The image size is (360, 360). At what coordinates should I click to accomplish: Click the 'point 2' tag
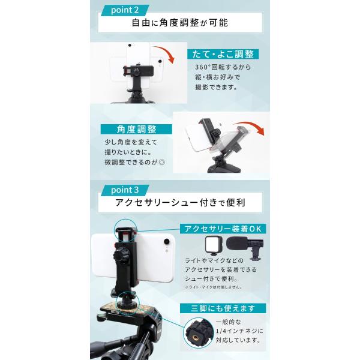click(125, 10)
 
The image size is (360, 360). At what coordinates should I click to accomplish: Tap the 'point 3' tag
click(125, 190)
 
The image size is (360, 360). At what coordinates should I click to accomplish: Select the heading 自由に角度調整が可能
click(180, 23)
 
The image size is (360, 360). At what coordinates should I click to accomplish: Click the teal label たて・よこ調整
click(223, 54)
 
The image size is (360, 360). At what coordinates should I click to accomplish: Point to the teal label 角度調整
click(136, 129)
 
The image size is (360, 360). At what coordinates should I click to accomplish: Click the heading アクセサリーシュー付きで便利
click(180, 203)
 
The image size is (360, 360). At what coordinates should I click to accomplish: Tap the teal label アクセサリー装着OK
click(223, 229)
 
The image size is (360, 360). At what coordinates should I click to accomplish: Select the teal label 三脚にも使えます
click(223, 308)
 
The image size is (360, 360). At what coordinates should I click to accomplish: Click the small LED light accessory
click(214, 245)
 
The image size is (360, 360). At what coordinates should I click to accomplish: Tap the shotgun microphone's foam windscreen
click(236, 244)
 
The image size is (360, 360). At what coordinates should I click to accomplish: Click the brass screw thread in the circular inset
click(196, 337)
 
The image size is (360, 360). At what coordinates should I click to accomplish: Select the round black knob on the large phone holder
click(120, 254)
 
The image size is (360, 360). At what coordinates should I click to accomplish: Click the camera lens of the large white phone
click(167, 242)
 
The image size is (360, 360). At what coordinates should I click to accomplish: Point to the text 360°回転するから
click(223, 67)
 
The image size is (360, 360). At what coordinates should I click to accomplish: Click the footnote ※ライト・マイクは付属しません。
click(214, 287)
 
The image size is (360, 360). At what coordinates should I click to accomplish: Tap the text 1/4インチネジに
click(239, 331)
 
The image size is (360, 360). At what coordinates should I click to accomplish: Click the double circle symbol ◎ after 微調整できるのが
click(162, 163)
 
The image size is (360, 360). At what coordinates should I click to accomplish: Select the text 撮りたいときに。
click(128, 152)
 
